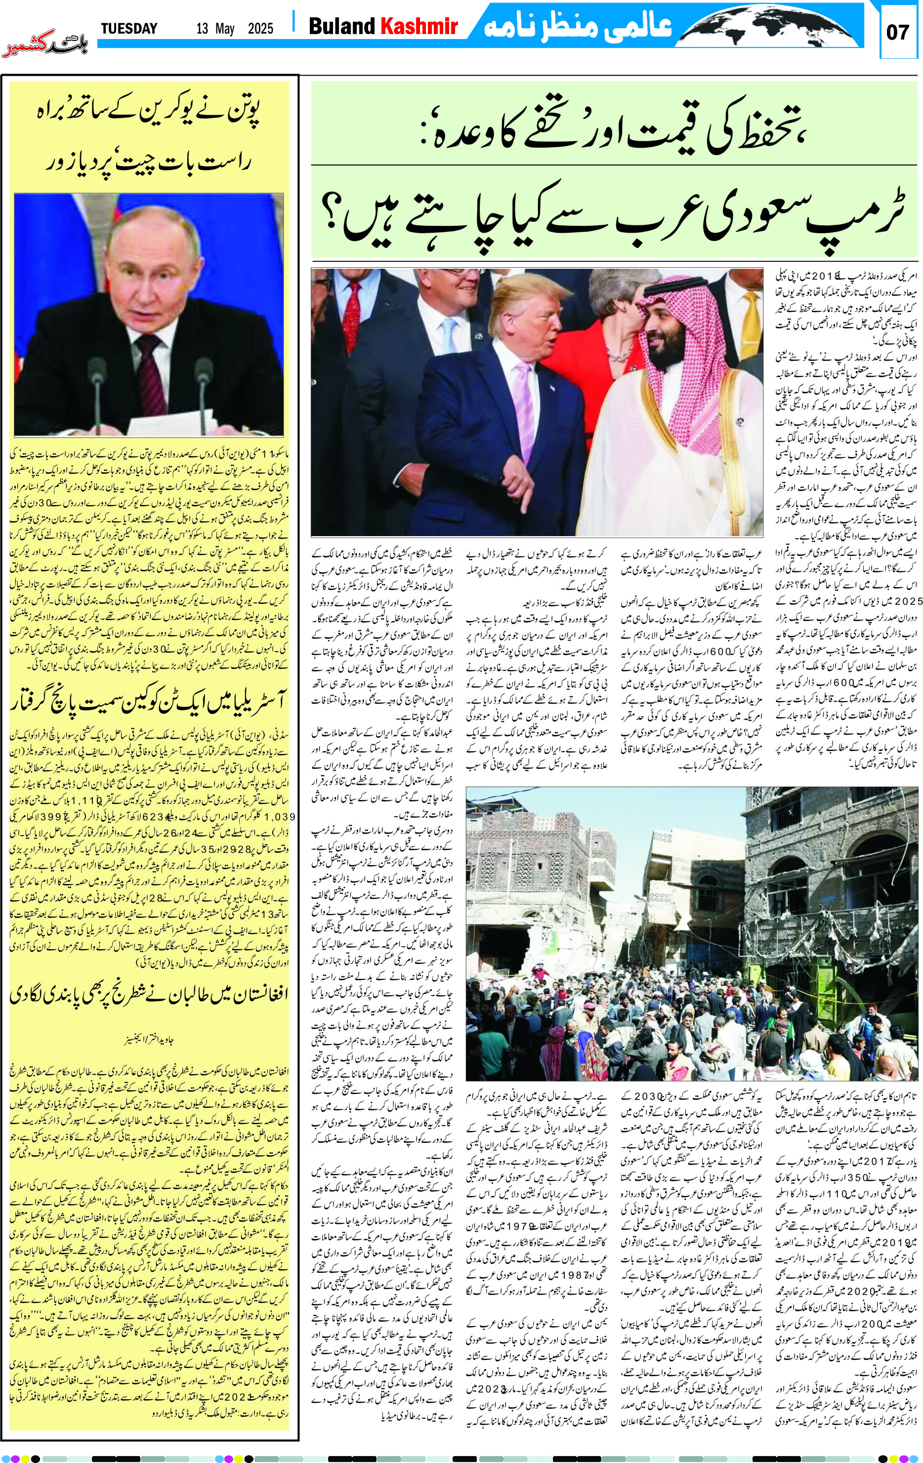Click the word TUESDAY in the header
point(129,29)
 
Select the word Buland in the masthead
point(341,26)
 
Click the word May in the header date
point(225,29)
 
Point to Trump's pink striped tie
point(523,389)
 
